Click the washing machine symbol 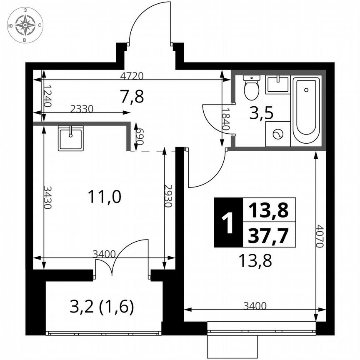click(x=277, y=134)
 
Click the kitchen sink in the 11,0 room click(x=70, y=138)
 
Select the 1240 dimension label click(x=47, y=96)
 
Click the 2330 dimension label click(x=82, y=109)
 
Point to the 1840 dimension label click(x=225, y=120)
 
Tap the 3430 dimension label click(x=47, y=197)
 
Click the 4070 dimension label click(x=320, y=236)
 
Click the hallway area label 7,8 click(x=132, y=97)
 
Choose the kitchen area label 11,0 click(x=105, y=197)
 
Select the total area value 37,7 click(x=268, y=237)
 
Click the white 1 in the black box click(x=227, y=223)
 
